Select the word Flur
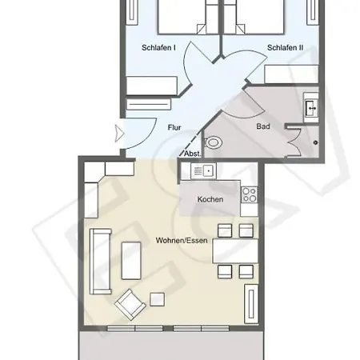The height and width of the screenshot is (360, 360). pos(174,127)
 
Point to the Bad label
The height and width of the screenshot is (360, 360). pos(262,126)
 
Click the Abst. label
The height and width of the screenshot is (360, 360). pos(192,153)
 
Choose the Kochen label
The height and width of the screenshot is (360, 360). pos(210,199)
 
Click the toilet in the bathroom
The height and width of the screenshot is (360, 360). pos(214,142)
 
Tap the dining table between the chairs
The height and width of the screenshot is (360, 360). pos(234,251)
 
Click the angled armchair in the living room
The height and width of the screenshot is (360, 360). pos(129,304)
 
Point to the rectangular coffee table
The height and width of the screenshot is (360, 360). pos(129,259)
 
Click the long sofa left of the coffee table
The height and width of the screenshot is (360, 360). pos(100,261)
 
